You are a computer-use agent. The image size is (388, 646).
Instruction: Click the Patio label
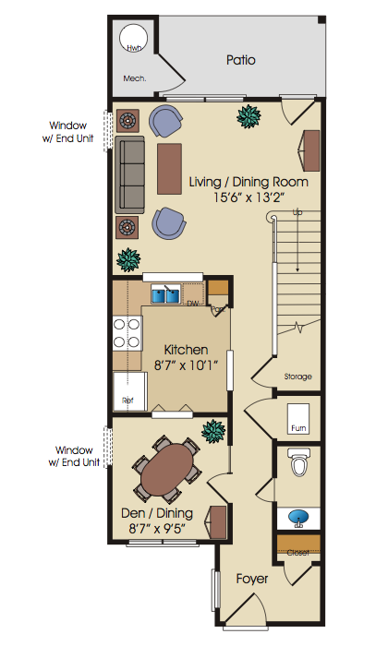coord(241,60)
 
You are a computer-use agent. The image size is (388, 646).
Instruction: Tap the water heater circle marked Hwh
coord(133,37)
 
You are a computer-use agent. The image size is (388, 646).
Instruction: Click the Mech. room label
coord(135,78)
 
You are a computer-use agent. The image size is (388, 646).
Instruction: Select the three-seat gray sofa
coord(129,174)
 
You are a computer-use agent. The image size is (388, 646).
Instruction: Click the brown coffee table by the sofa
coord(169,169)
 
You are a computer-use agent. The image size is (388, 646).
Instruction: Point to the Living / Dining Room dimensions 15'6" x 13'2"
coord(249,197)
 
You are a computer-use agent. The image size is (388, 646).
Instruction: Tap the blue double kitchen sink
coord(165,295)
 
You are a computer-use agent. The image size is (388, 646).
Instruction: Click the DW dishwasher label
coord(193,304)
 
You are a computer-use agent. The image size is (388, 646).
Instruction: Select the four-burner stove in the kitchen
coord(127,333)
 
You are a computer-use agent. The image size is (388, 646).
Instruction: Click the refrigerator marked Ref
coord(130,391)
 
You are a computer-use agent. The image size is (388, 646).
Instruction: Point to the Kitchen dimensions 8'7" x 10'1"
coord(186,365)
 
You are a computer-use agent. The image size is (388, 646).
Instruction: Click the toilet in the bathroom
coord(299,461)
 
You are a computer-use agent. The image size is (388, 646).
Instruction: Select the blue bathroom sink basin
coord(299,517)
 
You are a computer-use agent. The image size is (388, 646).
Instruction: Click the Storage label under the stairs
coord(297,377)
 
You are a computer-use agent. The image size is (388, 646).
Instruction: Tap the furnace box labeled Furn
coord(298,419)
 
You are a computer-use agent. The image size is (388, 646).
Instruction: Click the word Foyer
coord(252,580)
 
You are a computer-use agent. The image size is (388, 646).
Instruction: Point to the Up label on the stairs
coord(297,212)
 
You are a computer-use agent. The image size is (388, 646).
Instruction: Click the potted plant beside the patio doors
coord(249,116)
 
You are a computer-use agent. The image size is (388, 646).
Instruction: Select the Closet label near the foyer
coord(298,553)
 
